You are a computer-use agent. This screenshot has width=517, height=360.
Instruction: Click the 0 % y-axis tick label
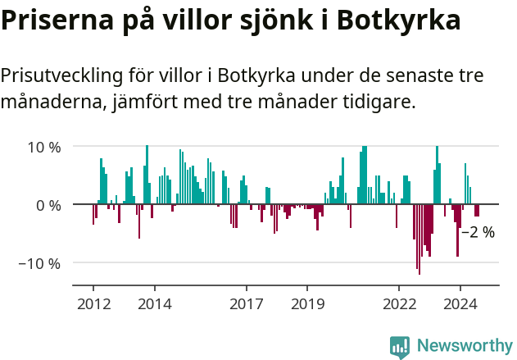pos(49,205)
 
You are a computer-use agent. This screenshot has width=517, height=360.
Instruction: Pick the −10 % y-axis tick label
pos(40,263)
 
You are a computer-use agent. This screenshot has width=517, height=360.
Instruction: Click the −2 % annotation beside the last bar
pos(479,232)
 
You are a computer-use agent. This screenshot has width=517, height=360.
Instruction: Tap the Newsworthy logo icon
pos(400,346)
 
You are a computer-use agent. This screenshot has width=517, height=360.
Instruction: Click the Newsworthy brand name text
pos(465,346)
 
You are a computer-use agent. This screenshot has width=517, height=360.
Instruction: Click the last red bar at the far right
pos(477,210)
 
